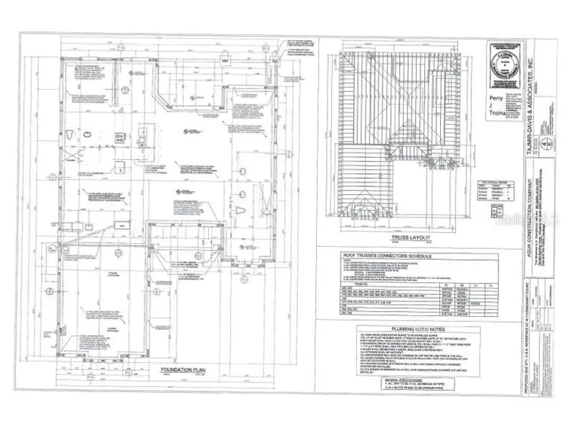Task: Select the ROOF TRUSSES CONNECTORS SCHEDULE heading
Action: point(388,256)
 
